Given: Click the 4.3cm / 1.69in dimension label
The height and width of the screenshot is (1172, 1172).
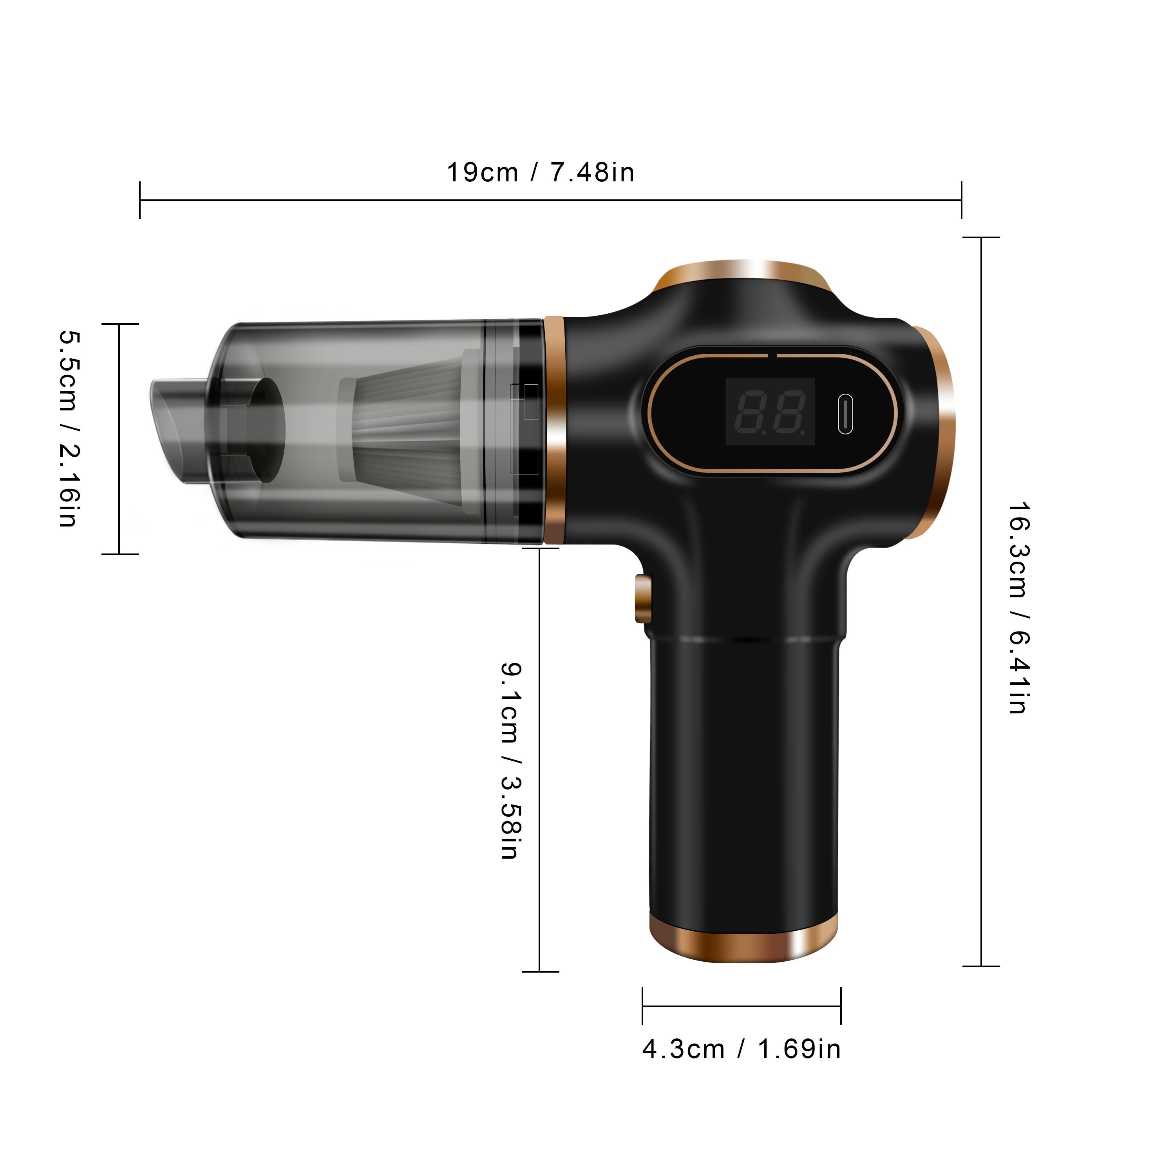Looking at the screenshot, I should point(741,1049).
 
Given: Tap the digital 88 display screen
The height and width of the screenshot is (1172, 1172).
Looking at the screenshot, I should point(770,412).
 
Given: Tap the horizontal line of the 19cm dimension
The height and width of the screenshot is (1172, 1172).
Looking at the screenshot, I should point(550,200).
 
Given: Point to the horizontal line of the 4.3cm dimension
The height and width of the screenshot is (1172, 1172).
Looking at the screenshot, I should point(741,1006).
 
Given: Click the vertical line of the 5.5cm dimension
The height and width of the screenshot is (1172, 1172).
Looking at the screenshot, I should point(119,439).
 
